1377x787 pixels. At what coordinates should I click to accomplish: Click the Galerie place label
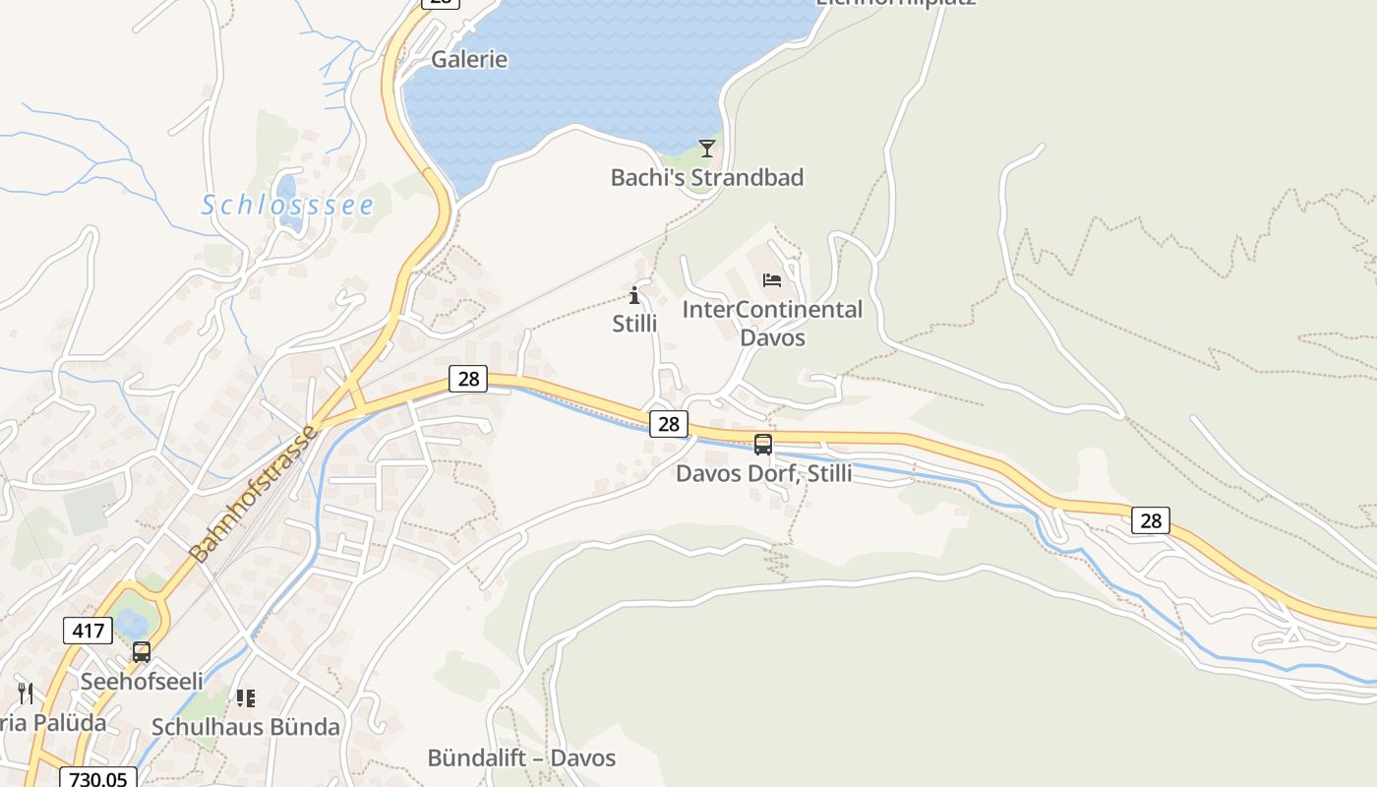pos(469,59)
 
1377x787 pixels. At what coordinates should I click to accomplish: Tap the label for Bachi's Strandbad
pos(706,177)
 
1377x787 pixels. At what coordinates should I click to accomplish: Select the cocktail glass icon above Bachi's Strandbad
pos(706,149)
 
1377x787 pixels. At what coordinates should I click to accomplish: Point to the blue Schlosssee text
pos(287,205)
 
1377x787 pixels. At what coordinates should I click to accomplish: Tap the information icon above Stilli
pos(634,295)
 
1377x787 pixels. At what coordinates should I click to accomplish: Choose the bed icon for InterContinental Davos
pos(772,280)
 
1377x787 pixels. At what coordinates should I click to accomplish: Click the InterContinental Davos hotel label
pos(772,323)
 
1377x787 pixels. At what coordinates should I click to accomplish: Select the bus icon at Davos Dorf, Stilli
pos(762,445)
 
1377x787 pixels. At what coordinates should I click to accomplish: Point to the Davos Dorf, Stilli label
pos(763,473)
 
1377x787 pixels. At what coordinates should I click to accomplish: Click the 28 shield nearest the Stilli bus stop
pos(669,424)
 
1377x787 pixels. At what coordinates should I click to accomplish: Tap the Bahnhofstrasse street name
pos(255,494)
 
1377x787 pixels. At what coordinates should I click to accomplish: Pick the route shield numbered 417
pos(88,630)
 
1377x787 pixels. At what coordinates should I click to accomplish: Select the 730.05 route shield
pos(98,778)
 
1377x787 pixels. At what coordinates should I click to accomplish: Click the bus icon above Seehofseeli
pos(142,652)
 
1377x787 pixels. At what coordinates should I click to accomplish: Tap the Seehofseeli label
pos(142,681)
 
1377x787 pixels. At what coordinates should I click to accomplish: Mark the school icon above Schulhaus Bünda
pos(245,698)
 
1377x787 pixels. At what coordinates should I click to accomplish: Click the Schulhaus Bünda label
pos(245,727)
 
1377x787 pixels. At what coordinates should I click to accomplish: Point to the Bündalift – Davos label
pos(521,757)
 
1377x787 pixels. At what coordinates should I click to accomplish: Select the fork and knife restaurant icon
pos(26,694)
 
